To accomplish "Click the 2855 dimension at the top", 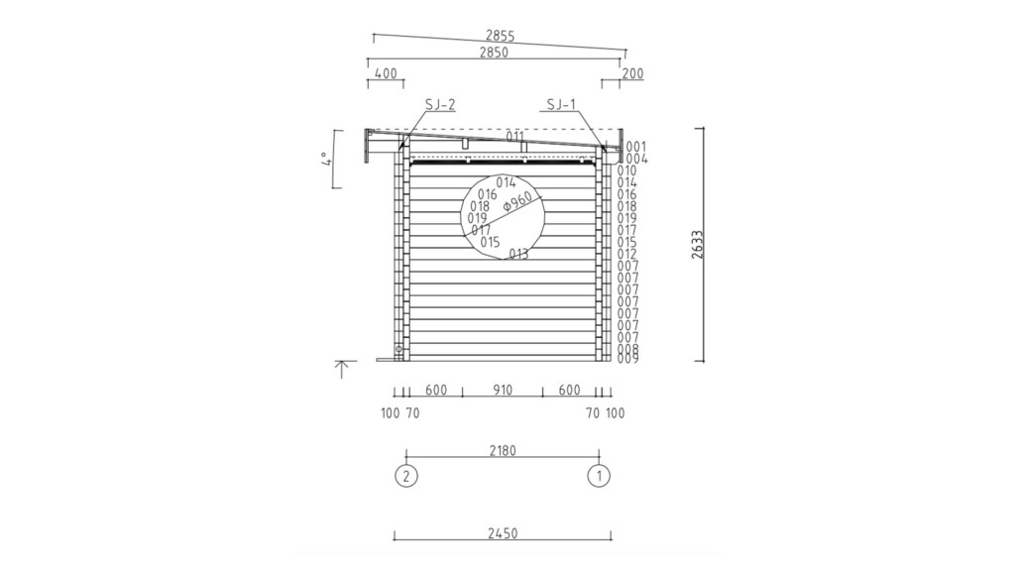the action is click(500, 37).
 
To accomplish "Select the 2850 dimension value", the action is click(494, 53).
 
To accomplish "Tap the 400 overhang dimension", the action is click(386, 73).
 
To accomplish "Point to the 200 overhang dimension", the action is click(632, 73).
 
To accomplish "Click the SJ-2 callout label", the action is click(440, 104).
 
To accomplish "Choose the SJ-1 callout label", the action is click(561, 104).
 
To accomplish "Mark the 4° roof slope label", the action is click(327, 159).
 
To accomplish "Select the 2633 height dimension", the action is click(697, 245).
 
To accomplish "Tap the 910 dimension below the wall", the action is click(503, 390).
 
